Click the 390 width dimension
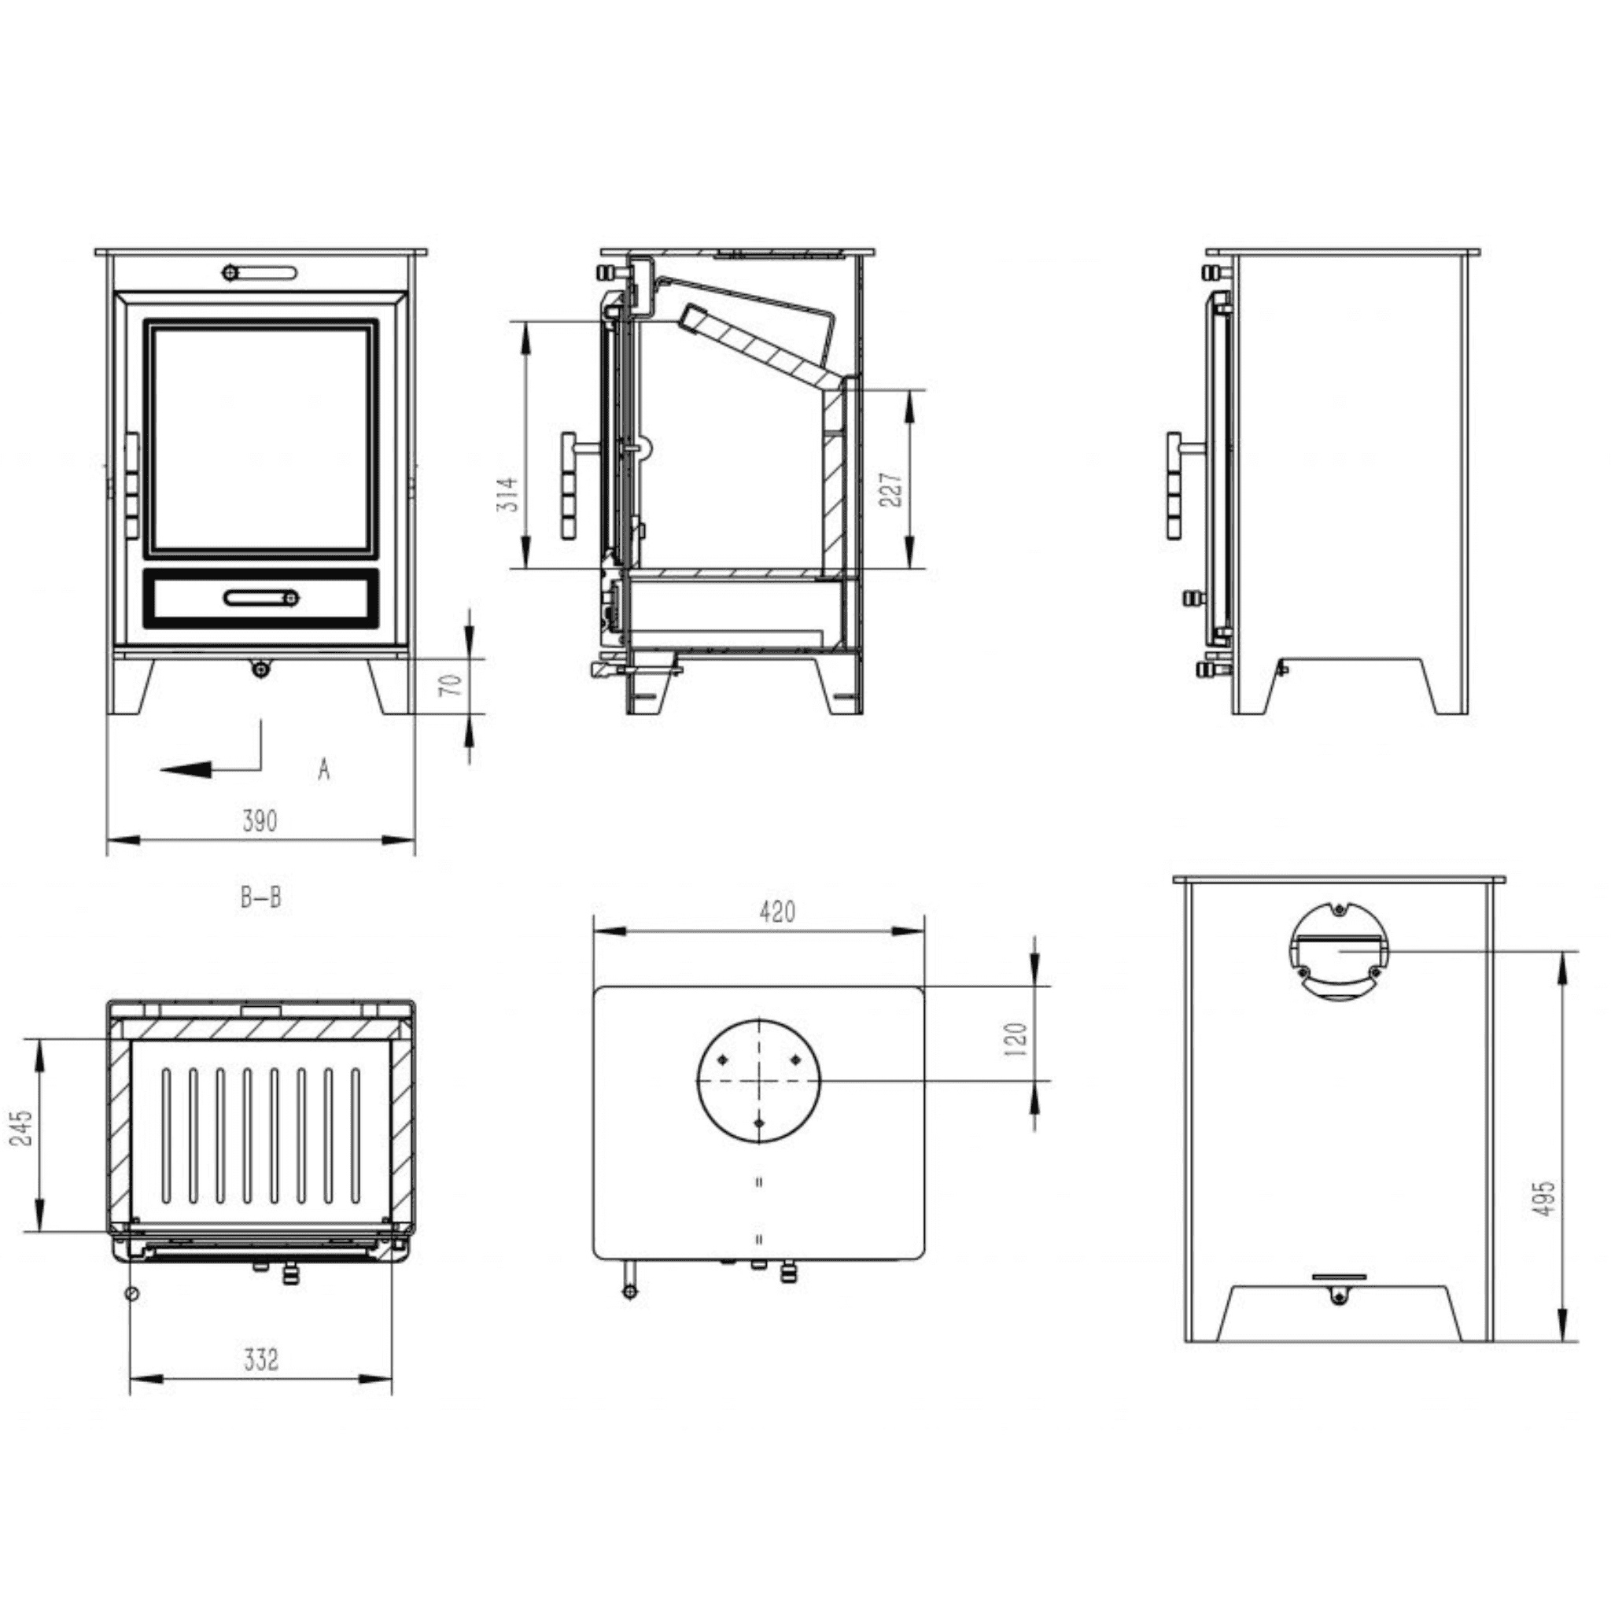260,821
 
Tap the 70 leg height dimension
451,684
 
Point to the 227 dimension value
890,489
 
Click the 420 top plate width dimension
777,912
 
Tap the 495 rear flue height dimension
1544,1198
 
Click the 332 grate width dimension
261,1360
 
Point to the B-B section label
261,898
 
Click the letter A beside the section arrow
323,769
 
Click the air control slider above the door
260,273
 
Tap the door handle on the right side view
1174,486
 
